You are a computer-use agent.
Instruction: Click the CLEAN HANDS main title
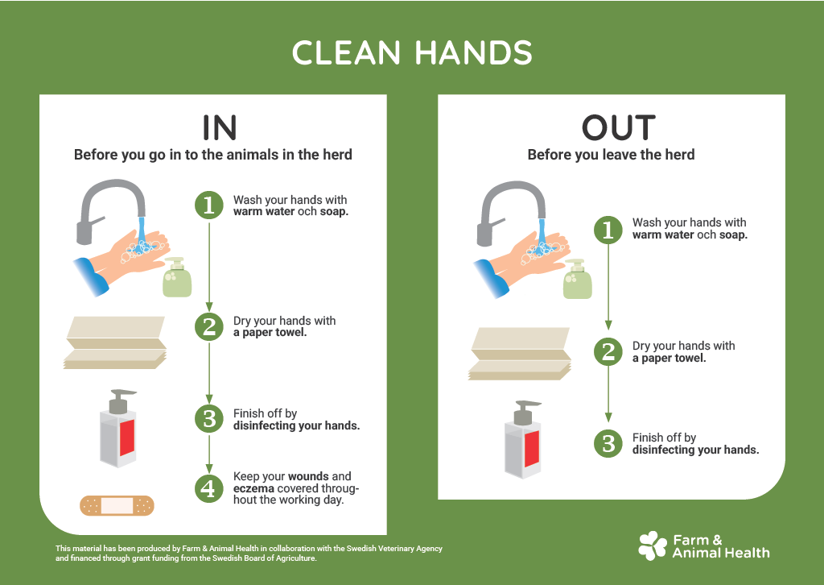coord(412,53)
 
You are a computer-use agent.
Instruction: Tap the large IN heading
coord(219,127)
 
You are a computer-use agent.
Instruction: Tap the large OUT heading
coord(618,127)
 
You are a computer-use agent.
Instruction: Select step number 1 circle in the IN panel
coord(209,205)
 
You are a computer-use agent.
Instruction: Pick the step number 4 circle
coord(209,487)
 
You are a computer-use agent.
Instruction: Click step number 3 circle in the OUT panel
coord(608,443)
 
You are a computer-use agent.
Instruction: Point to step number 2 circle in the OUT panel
coord(608,351)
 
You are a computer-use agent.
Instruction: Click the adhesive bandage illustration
coord(117,505)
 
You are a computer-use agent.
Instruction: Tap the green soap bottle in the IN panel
coord(177,279)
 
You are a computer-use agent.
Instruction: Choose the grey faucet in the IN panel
coord(109,206)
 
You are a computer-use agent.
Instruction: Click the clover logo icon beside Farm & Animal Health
coord(652,546)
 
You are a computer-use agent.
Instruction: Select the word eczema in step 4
coord(253,487)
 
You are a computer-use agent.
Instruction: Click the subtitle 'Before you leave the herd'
coord(611,155)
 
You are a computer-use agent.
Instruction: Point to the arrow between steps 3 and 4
coord(209,453)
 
